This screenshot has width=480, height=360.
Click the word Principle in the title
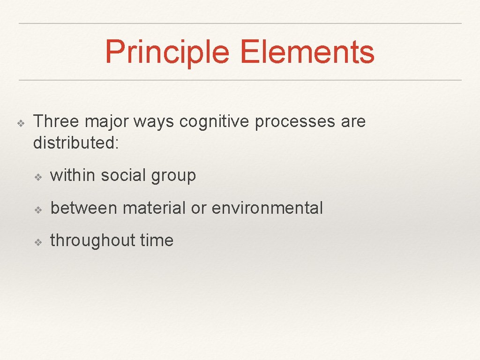[169, 52]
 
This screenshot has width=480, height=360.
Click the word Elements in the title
[307, 52]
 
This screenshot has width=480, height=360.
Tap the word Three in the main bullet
[56, 121]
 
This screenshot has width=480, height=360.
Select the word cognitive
[214, 122]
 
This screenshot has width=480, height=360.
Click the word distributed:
[76, 143]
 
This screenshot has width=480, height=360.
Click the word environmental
[267, 208]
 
